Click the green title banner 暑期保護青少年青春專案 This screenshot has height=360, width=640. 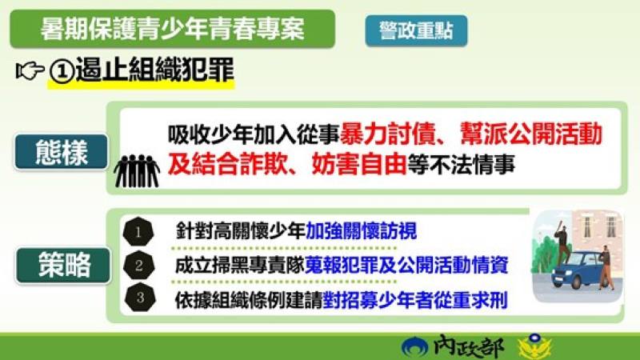pyautogui.click(x=172, y=30)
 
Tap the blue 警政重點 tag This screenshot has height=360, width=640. pyautogui.click(x=416, y=30)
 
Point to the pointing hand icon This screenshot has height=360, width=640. pyautogui.click(x=30, y=71)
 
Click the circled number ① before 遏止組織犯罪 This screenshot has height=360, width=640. pyautogui.click(x=62, y=71)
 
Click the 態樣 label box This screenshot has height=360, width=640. pyautogui.click(x=61, y=152)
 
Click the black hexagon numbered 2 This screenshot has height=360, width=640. pyautogui.click(x=139, y=265)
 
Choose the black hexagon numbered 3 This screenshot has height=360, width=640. pyautogui.click(x=139, y=298)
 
